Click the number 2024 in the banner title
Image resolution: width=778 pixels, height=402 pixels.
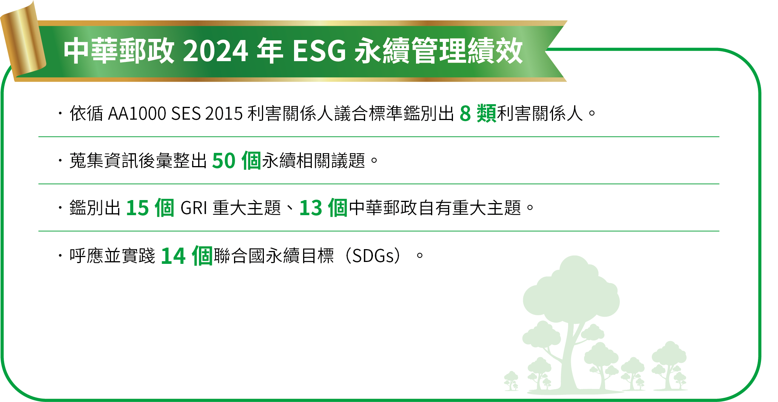[x=215, y=51]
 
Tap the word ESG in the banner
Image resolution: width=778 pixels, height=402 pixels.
[x=319, y=51]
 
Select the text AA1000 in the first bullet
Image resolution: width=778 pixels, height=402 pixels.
[x=137, y=114]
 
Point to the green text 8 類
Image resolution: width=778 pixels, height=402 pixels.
[x=478, y=113]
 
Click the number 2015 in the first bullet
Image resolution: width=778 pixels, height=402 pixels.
[x=224, y=114]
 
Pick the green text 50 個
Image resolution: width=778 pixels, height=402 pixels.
[x=237, y=160]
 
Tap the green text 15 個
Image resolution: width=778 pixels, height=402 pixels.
[x=150, y=208]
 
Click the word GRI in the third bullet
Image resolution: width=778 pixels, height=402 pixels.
[x=194, y=208]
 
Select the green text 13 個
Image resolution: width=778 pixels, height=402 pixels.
[x=324, y=208]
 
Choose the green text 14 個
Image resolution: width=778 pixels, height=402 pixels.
[x=186, y=256]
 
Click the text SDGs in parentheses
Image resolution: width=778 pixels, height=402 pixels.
[x=373, y=256]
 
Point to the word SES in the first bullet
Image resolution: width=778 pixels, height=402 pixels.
[x=186, y=114]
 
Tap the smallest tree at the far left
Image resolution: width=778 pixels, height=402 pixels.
[x=511, y=381]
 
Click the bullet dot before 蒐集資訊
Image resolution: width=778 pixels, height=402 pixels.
[x=60, y=160]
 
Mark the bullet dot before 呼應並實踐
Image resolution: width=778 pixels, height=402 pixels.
[x=60, y=256]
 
